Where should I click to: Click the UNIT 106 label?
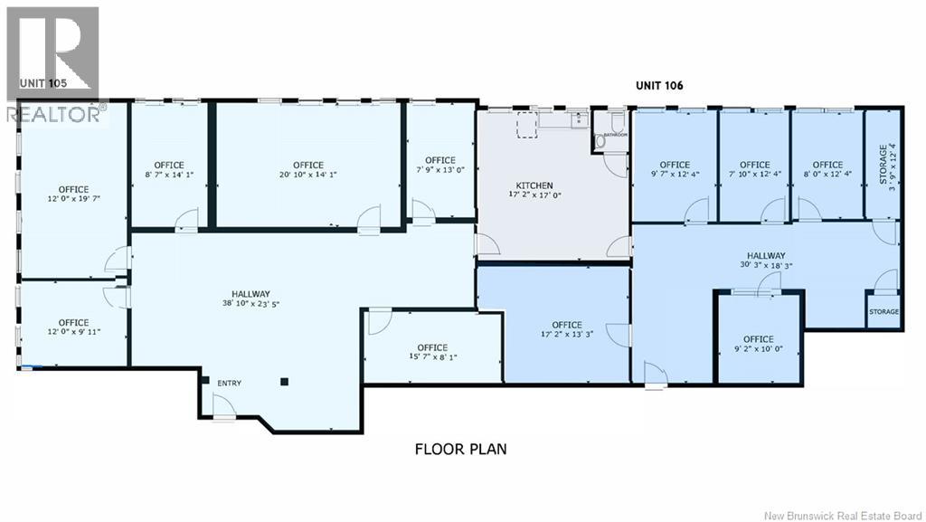pos(659,86)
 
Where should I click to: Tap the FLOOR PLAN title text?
pos(460,450)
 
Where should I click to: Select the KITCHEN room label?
pos(534,185)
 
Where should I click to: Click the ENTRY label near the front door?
pos(229,384)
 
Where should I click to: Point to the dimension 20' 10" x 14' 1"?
pos(308,175)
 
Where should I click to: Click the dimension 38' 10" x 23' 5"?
pos(251,304)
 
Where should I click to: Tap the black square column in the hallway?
pos(284,382)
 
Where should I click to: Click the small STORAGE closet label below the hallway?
pos(884,312)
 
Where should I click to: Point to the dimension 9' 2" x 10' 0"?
pos(759,349)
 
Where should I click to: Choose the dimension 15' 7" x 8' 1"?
pos(433,356)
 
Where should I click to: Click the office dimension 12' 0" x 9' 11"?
pos(74,332)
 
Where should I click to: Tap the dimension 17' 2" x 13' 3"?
pos(567,334)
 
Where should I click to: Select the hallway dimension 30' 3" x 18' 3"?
pos(766,265)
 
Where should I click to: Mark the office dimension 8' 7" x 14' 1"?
pos(169,175)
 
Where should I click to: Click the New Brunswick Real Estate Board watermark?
pos(846,516)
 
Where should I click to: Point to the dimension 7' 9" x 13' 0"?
pos(440,169)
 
